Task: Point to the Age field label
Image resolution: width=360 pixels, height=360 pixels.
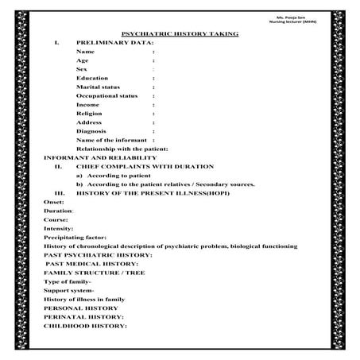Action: tap(83, 60)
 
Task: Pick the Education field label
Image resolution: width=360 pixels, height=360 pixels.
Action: tap(93, 78)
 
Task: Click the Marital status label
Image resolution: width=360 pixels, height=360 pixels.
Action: tap(99, 87)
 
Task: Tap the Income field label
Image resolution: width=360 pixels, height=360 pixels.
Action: tap(88, 105)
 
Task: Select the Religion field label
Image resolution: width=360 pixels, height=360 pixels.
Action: tap(91, 114)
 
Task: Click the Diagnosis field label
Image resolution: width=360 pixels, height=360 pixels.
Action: tap(93, 131)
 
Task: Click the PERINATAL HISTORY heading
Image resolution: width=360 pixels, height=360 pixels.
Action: tap(84, 316)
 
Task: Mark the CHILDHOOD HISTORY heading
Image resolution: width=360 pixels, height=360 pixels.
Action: tap(85, 326)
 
